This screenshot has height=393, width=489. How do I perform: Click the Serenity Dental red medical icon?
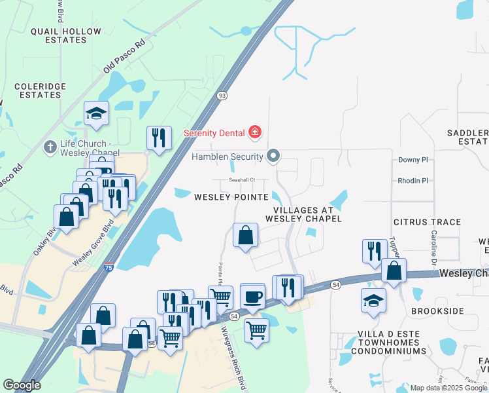pyautogui.click(x=254, y=133)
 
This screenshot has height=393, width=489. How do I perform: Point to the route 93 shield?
pyautogui.click(x=222, y=96)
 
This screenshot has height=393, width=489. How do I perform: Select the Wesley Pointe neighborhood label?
pyautogui.click(x=231, y=196)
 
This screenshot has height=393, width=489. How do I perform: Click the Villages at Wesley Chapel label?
pyautogui.click(x=303, y=214)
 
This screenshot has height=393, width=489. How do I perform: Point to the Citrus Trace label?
pyautogui.click(x=428, y=222)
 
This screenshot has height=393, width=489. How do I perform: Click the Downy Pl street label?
pyautogui.click(x=413, y=159)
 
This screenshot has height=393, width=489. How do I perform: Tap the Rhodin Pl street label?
pyautogui.click(x=413, y=180)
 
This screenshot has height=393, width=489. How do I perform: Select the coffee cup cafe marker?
pyautogui.click(x=252, y=296)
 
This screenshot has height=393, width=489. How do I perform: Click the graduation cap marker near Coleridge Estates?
pyautogui.click(x=96, y=113)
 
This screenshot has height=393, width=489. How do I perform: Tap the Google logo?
pyautogui.click(x=22, y=385)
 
